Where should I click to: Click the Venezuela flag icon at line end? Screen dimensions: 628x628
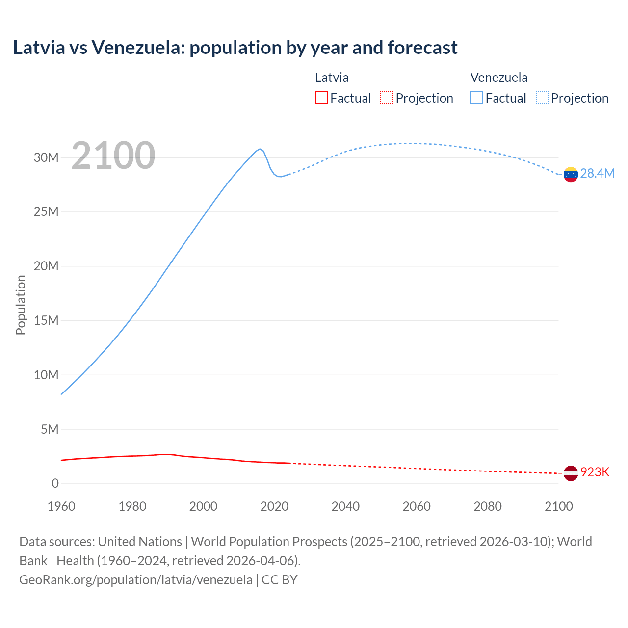[571, 174]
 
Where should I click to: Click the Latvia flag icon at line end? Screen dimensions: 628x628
[571, 473]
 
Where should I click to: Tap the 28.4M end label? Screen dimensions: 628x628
[597, 173]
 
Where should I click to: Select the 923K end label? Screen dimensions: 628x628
[595, 472]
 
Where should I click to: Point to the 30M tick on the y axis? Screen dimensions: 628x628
[46, 157]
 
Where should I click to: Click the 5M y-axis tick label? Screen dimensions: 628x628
[49, 429]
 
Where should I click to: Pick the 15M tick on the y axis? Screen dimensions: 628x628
[46, 320]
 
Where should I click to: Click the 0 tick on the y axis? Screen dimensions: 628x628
[55, 483]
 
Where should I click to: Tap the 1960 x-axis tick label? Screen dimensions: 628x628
[61, 506]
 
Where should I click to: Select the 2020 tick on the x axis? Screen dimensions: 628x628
[274, 506]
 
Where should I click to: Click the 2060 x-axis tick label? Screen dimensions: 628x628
[417, 506]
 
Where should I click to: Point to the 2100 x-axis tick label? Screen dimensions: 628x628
[558, 506]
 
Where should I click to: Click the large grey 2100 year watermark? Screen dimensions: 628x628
[113, 156]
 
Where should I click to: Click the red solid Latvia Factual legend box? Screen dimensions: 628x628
[321, 98]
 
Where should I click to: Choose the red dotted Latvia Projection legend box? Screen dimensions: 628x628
[387, 98]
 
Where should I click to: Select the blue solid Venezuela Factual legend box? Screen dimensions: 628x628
[476, 98]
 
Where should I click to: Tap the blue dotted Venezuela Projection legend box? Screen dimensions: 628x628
[542, 98]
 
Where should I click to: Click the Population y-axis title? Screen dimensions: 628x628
[21, 305]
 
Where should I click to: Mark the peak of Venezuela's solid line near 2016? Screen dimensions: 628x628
[260, 149]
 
